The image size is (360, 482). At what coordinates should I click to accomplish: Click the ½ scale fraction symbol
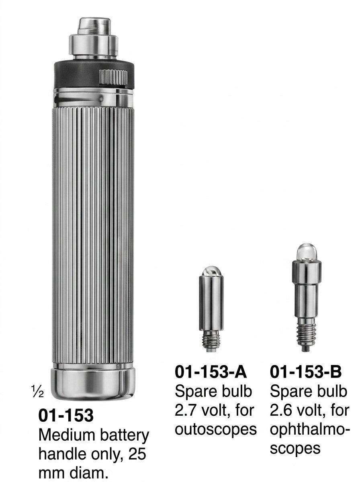37,392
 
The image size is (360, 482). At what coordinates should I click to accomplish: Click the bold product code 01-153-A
211,372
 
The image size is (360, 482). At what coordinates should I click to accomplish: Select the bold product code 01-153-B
305,372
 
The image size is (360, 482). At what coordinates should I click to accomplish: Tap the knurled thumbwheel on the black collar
113,77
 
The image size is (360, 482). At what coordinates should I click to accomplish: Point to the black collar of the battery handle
94,74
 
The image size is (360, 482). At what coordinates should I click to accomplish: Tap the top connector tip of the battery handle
94,26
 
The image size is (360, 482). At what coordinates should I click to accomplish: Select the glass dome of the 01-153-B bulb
307,252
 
